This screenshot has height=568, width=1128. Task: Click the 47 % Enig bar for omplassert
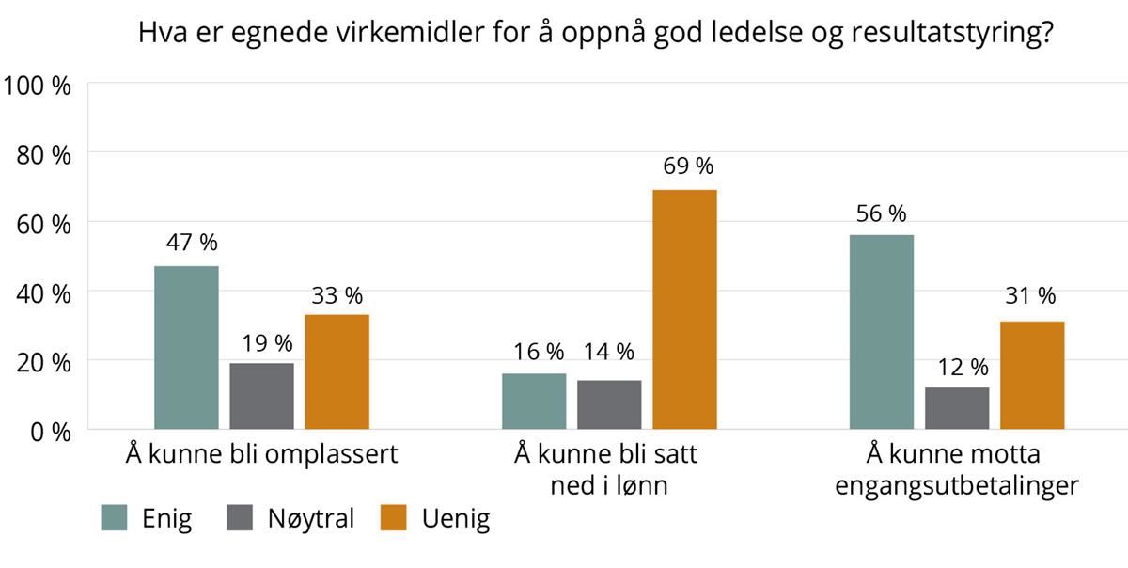tap(186, 348)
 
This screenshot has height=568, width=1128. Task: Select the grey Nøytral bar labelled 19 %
tap(261, 396)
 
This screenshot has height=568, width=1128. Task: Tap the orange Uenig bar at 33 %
tap(337, 371)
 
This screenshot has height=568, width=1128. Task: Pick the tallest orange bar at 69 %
tap(684, 309)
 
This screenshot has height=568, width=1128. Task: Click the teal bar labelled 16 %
tap(534, 402)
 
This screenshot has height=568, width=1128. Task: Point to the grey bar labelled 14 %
tap(609, 404)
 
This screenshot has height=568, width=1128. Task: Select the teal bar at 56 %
tap(882, 332)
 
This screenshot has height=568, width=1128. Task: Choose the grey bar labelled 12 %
tap(957, 408)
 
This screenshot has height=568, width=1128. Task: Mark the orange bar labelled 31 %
tap(1032, 375)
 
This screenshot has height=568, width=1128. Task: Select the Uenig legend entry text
tap(456, 518)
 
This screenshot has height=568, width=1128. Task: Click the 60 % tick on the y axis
tap(43, 223)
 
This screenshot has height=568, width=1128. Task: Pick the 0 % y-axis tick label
tap(49, 432)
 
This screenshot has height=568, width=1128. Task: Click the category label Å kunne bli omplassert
tap(262, 455)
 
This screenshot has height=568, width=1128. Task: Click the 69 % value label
tap(684, 166)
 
